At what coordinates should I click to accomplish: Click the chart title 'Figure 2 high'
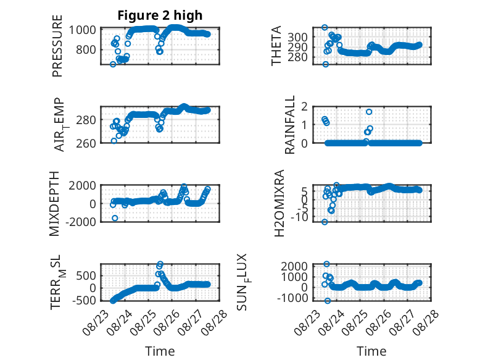(160, 15)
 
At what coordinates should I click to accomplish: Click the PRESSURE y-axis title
(57, 46)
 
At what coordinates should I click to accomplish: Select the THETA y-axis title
(276, 46)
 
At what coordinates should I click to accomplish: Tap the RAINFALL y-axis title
(289, 124)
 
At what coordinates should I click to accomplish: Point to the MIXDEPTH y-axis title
(54, 203)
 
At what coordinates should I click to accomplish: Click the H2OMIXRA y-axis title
(279, 203)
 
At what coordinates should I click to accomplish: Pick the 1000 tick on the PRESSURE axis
(82, 30)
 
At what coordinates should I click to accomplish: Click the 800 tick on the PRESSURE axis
(86, 49)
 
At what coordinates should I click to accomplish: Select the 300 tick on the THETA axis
(297, 37)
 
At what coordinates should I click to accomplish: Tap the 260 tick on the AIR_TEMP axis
(86, 143)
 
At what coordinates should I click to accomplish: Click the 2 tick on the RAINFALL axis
(304, 107)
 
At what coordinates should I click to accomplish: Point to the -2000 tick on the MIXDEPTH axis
(81, 222)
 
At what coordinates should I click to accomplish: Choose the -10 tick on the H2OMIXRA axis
(299, 217)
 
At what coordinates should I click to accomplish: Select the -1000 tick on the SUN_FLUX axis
(292, 298)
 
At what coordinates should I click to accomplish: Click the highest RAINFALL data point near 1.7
(369, 112)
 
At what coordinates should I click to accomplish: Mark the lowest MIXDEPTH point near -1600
(115, 218)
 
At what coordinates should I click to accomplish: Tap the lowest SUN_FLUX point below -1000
(328, 301)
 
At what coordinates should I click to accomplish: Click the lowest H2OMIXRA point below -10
(325, 222)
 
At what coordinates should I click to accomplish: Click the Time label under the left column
(160, 351)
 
